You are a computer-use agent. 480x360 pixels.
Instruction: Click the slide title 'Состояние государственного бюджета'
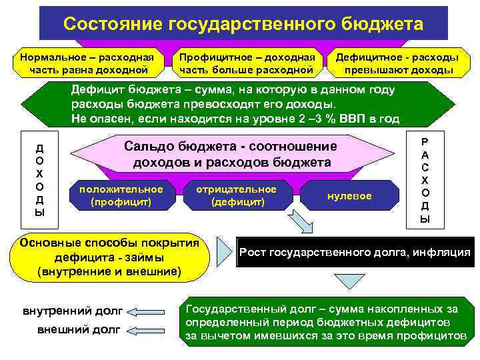click(x=243, y=24)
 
